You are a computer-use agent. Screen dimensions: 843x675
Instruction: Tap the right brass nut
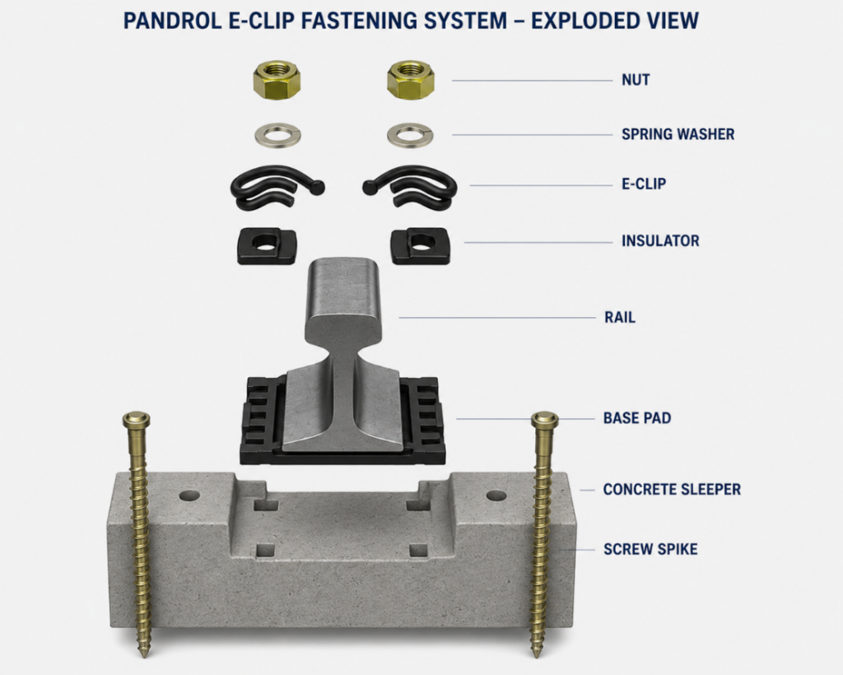click(x=411, y=80)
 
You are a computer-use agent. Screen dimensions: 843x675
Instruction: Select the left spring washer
click(x=277, y=134)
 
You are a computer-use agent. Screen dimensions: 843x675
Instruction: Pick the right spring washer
click(x=410, y=134)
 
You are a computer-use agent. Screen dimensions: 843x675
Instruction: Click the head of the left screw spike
click(x=136, y=419)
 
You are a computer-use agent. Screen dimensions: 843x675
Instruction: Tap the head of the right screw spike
click(x=545, y=419)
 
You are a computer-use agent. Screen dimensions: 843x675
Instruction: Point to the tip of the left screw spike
click(x=143, y=656)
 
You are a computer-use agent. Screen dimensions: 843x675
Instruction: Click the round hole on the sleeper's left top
click(x=189, y=495)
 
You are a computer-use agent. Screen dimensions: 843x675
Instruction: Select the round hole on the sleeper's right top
click(x=496, y=495)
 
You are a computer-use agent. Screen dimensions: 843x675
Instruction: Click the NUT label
click(x=636, y=80)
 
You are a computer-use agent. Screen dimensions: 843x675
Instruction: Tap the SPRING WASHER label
click(x=678, y=134)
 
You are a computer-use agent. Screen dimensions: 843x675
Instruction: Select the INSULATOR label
click(x=660, y=240)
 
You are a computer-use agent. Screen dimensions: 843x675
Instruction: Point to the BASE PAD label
click(x=637, y=418)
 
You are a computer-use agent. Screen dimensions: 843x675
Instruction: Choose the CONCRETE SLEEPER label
click(x=672, y=490)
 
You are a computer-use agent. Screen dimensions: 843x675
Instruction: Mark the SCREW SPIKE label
click(x=650, y=549)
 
